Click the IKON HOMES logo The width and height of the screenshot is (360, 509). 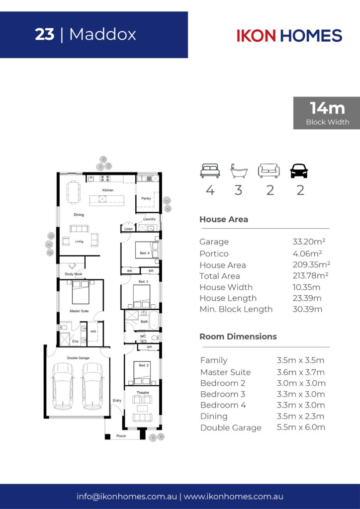289,35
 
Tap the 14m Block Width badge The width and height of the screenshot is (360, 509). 327,113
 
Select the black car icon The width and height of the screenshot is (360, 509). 299,171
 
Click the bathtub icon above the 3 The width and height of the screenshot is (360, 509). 239,171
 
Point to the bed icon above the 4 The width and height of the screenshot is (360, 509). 210,171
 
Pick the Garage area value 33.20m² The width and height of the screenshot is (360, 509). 309,242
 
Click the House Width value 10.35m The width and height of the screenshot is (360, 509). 306,287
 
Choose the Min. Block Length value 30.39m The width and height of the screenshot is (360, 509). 307,309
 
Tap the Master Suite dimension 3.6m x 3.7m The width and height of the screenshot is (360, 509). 301,372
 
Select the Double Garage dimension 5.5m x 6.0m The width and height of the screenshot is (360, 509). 301,427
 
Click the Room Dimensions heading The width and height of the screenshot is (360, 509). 238,337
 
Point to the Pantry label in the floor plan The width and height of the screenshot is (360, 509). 146,198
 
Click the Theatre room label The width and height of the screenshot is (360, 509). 143,393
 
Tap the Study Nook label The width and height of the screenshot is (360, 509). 74,274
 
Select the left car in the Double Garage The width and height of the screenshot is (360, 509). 63,386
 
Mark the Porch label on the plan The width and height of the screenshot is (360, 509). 121,436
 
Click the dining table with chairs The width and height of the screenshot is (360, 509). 74,192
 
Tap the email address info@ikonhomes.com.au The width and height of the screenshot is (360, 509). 127,497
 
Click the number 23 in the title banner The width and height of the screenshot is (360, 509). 45,34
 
